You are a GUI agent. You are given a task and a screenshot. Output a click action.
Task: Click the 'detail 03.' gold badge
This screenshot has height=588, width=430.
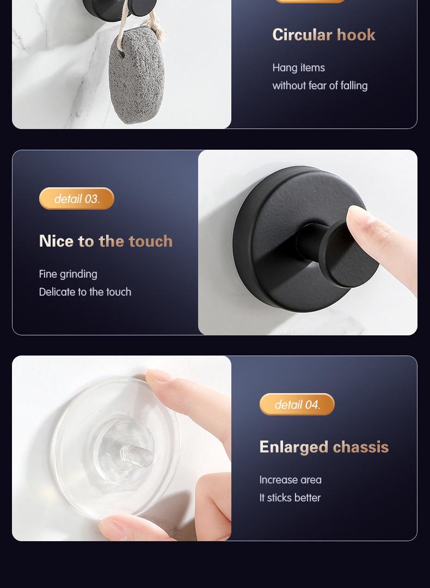77,199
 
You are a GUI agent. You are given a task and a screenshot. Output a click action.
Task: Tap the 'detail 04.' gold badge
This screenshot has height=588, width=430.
297,404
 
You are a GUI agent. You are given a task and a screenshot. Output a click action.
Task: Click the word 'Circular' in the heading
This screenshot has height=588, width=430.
302,35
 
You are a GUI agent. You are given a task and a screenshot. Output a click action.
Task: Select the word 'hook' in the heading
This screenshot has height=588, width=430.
356,35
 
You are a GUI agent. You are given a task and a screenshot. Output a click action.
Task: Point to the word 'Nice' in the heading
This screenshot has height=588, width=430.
57,241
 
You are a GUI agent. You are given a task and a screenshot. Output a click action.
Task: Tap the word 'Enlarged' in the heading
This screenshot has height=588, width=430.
294,447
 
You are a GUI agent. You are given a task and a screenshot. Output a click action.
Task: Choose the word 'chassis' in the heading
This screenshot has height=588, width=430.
361,447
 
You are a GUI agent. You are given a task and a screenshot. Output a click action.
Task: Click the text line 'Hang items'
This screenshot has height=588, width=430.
298,68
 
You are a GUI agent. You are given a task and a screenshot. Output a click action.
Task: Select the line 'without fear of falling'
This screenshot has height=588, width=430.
320,86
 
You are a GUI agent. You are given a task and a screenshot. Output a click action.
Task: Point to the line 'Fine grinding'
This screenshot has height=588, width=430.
68,274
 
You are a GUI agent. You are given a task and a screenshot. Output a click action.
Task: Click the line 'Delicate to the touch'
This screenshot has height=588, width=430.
85,292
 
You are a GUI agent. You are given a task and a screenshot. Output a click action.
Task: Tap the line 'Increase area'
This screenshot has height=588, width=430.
290,480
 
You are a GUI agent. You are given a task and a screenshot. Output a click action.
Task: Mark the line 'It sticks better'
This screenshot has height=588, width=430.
290,498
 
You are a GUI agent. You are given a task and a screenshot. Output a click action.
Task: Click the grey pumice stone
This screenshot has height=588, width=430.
137,75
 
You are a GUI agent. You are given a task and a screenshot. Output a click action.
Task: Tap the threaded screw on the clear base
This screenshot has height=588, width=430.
137,454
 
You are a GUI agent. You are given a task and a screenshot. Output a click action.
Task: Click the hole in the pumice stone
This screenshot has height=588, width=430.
122,53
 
